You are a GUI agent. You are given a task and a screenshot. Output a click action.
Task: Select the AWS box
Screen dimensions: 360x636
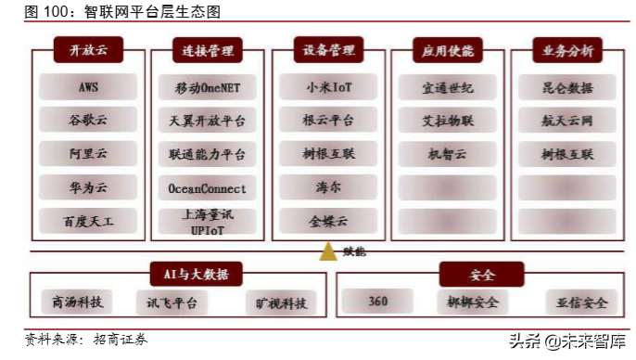pyautogui.click(x=87, y=87)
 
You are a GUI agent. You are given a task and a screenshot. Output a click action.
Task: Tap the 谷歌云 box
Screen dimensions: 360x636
pyautogui.click(x=87, y=121)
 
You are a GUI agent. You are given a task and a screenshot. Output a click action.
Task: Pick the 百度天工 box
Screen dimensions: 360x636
pyautogui.click(x=87, y=221)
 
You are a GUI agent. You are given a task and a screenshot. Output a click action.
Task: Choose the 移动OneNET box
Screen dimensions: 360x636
pyautogui.click(x=207, y=88)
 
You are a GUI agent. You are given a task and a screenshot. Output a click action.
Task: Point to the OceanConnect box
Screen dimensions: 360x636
pyautogui.click(x=207, y=188)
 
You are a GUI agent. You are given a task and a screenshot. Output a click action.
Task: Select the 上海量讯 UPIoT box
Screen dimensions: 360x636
pyautogui.click(x=207, y=221)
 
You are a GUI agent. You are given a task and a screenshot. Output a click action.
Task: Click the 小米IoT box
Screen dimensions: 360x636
pyautogui.click(x=328, y=87)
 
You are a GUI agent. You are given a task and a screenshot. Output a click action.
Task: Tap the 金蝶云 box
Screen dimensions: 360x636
pyautogui.click(x=328, y=221)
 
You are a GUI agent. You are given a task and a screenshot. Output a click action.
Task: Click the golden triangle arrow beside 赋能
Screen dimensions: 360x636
pyautogui.click(x=327, y=251)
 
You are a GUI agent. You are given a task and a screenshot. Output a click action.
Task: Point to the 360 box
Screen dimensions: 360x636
pyautogui.click(x=377, y=302)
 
